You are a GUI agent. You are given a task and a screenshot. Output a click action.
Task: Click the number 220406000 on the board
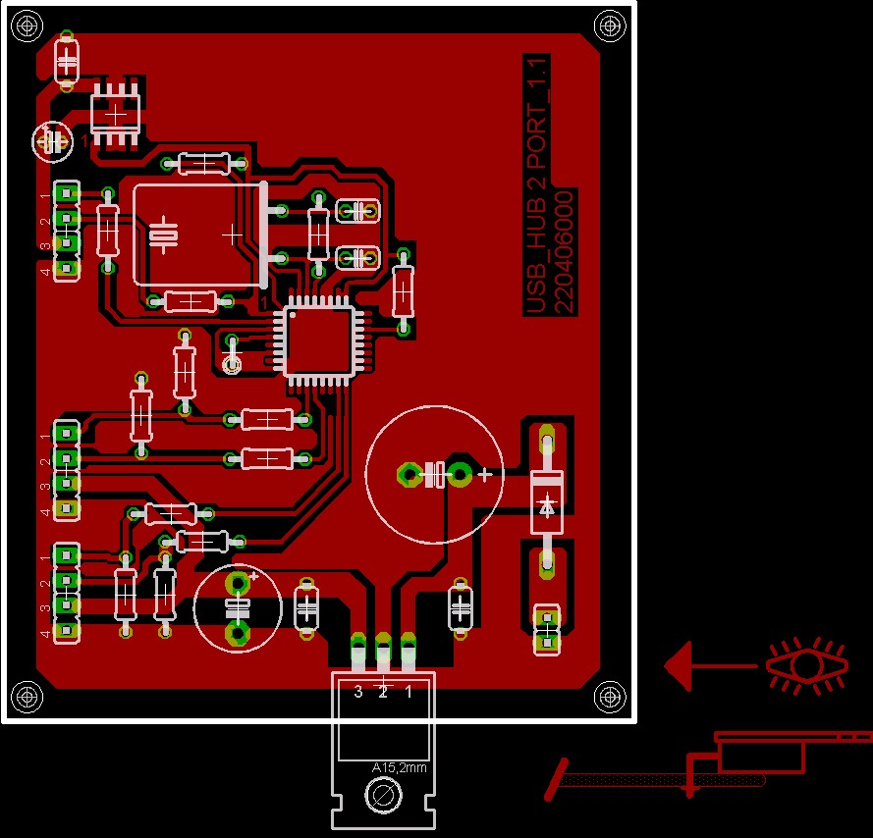pos(564,252)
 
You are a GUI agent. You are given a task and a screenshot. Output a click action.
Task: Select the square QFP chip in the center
pos(318,340)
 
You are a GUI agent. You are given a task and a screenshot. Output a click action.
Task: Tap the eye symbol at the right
pos(806,664)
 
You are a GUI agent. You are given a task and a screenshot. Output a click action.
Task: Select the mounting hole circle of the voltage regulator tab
pos(382,795)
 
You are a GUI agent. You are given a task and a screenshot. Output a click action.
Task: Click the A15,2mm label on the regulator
pos(400,767)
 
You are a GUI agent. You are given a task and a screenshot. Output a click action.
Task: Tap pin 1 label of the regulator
pos(409,692)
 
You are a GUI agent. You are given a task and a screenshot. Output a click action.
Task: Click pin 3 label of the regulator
pos(357,692)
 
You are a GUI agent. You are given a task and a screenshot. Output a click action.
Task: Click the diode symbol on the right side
pos(547,507)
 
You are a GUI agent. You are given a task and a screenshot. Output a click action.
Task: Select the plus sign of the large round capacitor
pos(484,475)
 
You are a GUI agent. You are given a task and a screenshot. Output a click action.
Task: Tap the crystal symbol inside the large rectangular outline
pos(163,235)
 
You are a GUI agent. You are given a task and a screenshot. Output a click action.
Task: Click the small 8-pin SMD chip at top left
pos(116,114)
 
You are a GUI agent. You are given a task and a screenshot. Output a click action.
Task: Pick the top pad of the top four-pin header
pos(67,191)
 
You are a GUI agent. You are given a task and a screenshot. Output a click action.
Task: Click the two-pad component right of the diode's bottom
pos(546,629)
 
